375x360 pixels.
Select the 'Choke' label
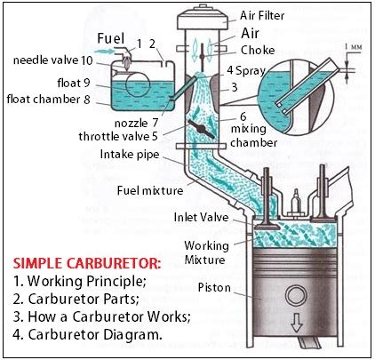[x=258, y=51]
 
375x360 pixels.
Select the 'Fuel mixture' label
[x=149, y=189]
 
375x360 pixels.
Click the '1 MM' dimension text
[x=356, y=44]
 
